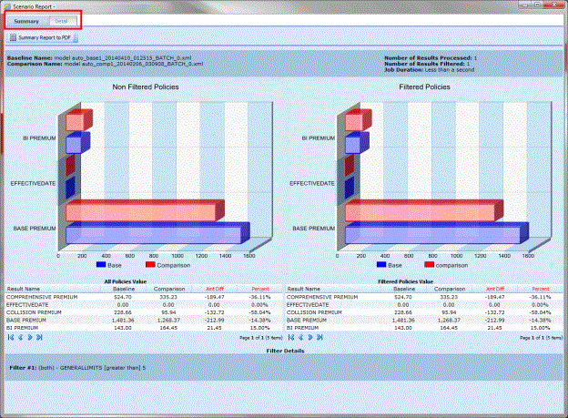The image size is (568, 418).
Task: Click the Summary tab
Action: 26,20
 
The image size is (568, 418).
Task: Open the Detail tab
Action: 60,20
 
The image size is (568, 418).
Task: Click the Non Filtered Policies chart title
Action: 146,87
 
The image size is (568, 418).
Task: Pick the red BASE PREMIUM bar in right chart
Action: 420,210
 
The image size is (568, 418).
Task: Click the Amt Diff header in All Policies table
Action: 216,289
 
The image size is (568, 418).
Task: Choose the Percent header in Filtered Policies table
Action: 541,289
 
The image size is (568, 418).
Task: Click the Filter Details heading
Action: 284,350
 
